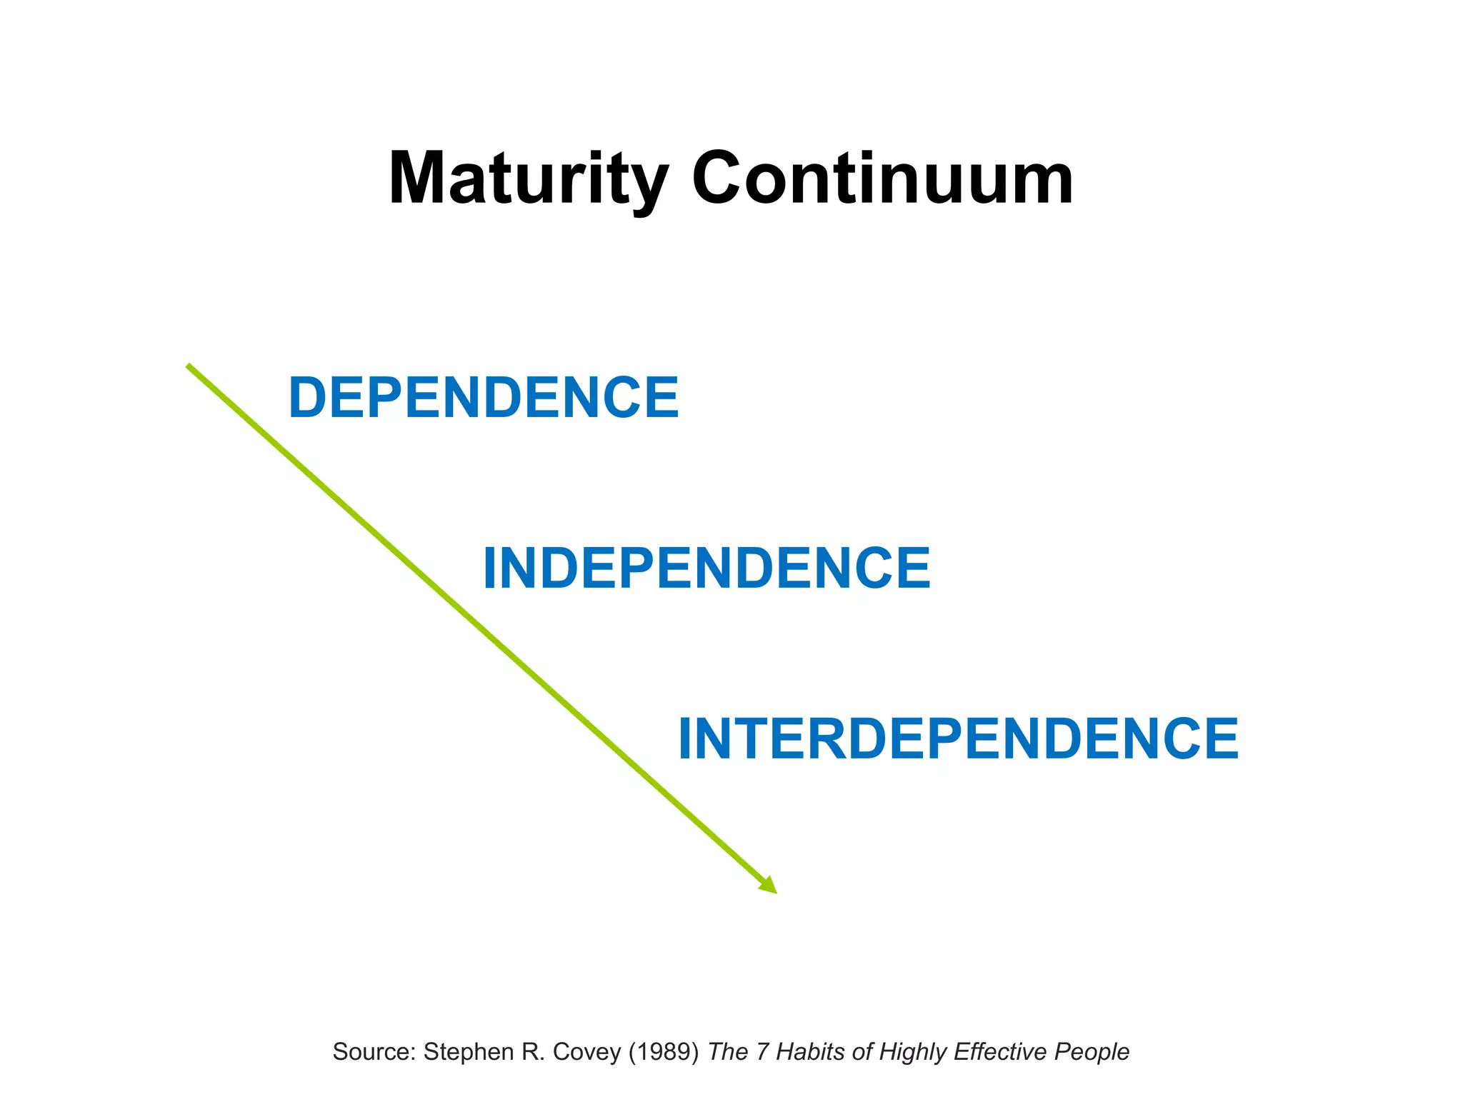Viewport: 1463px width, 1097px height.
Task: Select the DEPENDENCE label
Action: click(x=484, y=398)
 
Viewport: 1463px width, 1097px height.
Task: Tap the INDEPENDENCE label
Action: click(x=706, y=568)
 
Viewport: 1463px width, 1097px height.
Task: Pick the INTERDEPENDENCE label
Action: click(x=958, y=739)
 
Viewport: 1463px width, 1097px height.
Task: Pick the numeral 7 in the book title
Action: click(x=762, y=1052)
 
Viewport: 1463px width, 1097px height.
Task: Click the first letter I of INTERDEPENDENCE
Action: click(x=684, y=739)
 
